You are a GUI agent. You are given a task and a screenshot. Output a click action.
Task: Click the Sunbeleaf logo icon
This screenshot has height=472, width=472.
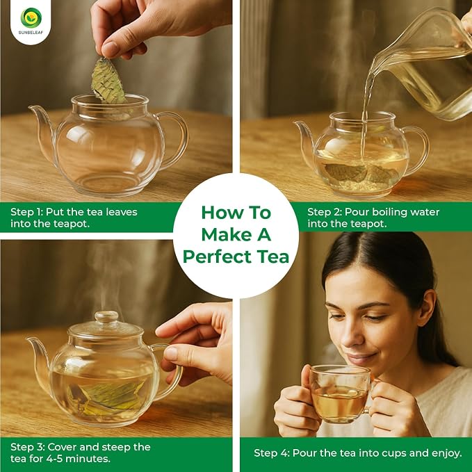pyautogui.click(x=31, y=18)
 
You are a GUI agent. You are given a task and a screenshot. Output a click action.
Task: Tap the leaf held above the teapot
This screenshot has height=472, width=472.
pyautogui.click(x=108, y=81)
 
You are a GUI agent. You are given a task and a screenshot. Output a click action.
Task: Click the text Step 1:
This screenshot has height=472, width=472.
pyautogui.click(x=26, y=212)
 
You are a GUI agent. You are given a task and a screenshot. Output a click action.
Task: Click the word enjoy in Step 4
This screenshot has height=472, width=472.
pyautogui.click(x=446, y=454)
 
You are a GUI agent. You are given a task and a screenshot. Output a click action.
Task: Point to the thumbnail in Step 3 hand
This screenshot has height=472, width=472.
pyautogui.click(x=171, y=353)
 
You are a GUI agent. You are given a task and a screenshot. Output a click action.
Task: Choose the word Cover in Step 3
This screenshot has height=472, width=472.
pyautogui.click(x=62, y=447)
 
